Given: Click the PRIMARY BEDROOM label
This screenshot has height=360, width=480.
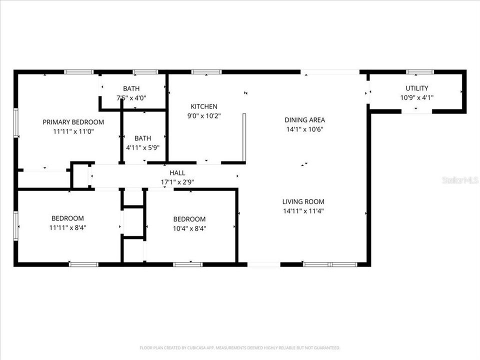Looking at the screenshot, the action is (73, 122).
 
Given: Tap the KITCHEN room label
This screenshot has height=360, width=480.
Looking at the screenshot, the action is (204, 106).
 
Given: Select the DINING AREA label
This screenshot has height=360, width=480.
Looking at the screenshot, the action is (304, 120).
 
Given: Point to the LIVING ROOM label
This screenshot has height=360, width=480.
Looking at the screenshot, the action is (303, 201).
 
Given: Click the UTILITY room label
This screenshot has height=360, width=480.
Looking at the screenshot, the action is (417, 88).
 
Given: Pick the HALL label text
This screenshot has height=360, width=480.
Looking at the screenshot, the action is (177, 173).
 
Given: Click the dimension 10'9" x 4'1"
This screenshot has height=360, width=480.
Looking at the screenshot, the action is (417, 97).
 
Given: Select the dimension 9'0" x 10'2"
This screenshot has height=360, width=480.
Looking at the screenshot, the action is (204, 116).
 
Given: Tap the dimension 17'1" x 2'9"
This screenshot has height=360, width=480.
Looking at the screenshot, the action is (177, 182).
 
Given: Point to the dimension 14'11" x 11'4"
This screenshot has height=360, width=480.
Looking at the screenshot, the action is (303, 211).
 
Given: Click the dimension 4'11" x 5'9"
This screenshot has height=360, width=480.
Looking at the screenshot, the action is (142, 148).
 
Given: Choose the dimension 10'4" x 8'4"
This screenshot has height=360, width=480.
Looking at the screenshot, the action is (189, 228).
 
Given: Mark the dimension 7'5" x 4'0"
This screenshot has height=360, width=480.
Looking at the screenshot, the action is (131, 98).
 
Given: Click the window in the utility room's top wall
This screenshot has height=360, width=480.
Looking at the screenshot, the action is (420, 72).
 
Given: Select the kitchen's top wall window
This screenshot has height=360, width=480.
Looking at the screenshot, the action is (206, 72).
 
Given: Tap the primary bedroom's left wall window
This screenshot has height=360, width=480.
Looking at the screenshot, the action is (16, 122).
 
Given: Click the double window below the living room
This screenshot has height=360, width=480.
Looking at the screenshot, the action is (330, 264).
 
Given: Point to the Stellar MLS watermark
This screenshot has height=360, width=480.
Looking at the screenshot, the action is (460, 180).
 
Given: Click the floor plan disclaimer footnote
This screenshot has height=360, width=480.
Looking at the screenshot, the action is (239, 348).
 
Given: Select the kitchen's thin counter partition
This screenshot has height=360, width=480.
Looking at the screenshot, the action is (244, 137).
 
